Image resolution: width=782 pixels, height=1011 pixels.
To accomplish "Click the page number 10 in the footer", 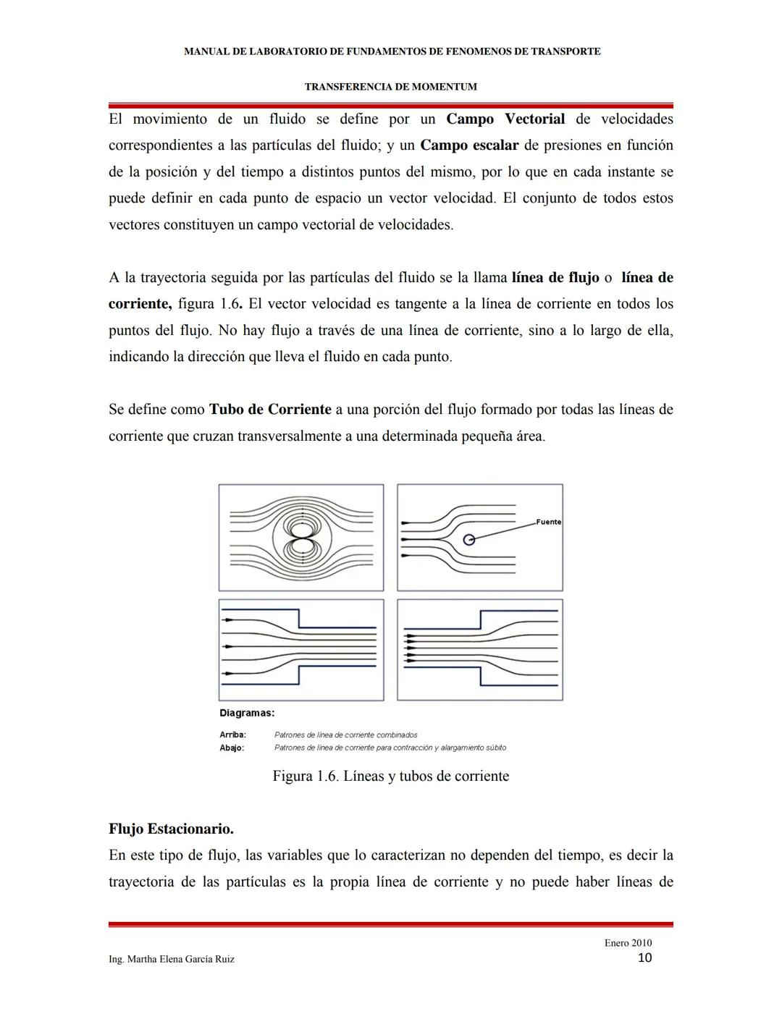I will (644, 958).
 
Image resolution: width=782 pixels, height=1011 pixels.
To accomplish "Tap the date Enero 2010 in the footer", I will (628, 943).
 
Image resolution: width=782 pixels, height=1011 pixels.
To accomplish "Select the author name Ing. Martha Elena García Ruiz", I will (171, 959).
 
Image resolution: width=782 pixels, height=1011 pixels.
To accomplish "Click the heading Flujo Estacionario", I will (171, 829).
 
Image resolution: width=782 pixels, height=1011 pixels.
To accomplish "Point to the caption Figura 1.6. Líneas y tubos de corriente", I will (390, 776).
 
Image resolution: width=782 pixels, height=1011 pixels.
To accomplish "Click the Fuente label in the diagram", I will (548, 522).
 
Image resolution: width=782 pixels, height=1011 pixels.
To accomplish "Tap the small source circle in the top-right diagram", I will (469, 539).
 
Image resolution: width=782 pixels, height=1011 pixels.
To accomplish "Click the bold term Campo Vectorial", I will (505, 119).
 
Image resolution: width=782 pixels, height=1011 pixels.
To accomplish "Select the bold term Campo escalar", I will (469, 145).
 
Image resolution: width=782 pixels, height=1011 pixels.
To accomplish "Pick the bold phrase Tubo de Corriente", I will (270, 410).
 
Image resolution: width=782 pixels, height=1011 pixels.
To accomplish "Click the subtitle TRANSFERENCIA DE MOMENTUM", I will (390, 87).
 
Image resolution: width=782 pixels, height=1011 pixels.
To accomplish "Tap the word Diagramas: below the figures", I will (247, 713).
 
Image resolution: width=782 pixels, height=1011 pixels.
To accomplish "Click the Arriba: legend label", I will (232, 735).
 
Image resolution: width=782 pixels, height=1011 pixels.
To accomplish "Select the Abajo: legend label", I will (232, 748).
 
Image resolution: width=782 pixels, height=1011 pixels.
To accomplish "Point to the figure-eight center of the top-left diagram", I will (301, 538).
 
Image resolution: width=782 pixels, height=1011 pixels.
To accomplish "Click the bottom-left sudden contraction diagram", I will (301, 650).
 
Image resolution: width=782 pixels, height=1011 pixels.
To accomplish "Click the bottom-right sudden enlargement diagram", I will (480, 650).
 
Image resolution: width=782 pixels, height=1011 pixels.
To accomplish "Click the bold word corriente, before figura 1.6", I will (140, 304).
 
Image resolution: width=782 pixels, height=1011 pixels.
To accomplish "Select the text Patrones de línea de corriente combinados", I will (345, 735).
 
